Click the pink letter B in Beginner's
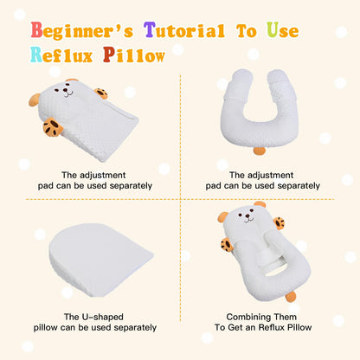[36, 29]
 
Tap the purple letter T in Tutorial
[150, 29]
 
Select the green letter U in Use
[273, 29]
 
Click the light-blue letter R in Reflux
[36, 55]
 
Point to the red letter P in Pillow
[109, 55]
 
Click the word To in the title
[246, 30]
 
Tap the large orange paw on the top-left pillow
[53, 127]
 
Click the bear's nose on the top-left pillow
[66, 90]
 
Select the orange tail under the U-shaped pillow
[259, 151]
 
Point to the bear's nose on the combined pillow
[247, 215]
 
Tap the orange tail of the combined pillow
[291, 297]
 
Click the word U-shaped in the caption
[103, 317]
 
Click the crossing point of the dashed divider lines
[181, 199]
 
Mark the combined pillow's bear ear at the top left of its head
[223, 217]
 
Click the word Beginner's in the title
[82, 31]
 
